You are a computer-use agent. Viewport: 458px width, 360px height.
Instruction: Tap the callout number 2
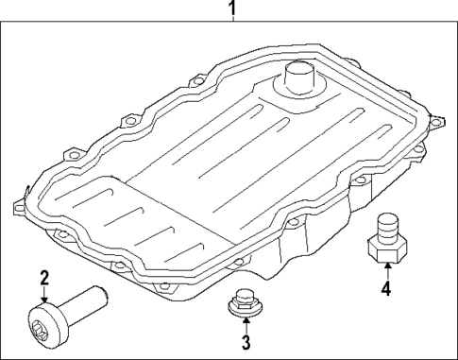tap(42, 277)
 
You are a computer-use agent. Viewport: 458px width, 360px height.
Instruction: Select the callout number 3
tap(245, 341)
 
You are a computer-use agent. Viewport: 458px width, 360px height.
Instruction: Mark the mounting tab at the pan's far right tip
tap(435, 120)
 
